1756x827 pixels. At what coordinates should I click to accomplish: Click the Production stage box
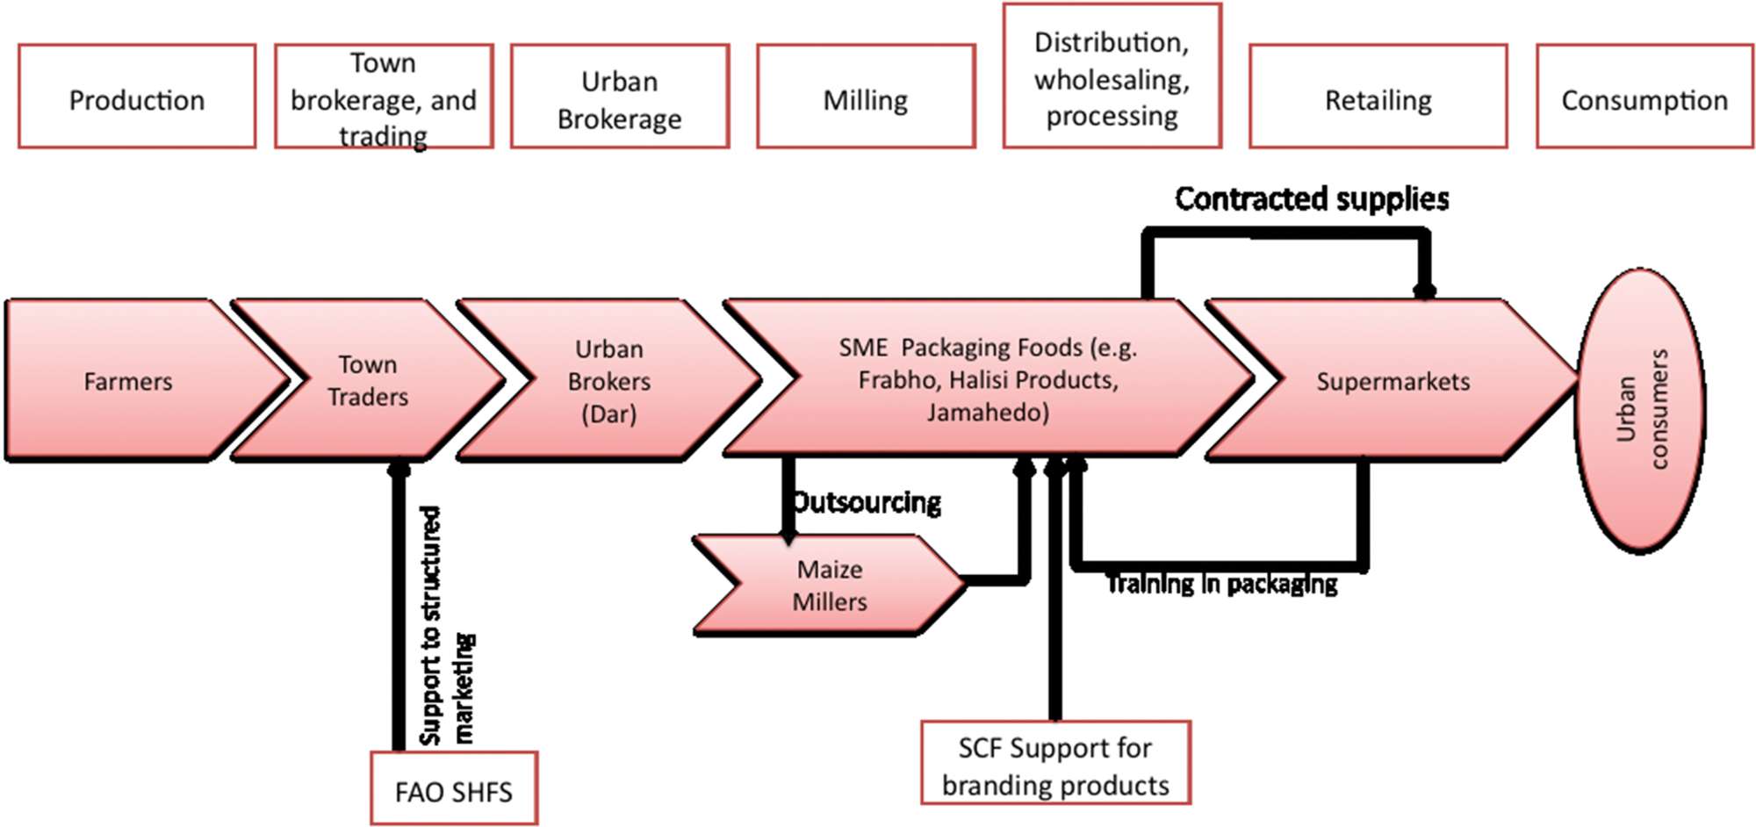(137, 97)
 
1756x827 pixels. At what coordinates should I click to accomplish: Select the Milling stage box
(866, 97)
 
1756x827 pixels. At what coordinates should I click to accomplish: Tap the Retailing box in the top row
(1378, 97)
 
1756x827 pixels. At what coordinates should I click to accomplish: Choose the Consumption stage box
(1644, 97)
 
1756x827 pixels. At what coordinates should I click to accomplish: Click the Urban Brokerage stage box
(620, 97)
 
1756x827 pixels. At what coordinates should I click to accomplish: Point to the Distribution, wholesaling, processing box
(1112, 77)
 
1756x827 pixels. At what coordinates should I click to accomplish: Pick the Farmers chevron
(128, 381)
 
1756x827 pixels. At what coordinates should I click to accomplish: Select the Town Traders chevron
(368, 381)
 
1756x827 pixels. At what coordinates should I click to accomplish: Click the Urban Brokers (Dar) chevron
(608, 381)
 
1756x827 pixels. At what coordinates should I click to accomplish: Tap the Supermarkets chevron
(1393, 381)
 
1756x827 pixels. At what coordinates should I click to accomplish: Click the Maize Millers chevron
(829, 586)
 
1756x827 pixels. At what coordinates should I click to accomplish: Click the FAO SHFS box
(453, 791)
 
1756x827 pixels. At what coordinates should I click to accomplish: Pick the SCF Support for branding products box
(1055, 766)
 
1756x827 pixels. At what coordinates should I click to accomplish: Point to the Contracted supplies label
(1312, 199)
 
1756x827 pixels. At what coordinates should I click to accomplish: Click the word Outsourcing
(867, 502)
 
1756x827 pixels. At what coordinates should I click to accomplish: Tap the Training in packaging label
(1221, 584)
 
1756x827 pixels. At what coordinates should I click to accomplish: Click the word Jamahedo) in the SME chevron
(988, 412)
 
